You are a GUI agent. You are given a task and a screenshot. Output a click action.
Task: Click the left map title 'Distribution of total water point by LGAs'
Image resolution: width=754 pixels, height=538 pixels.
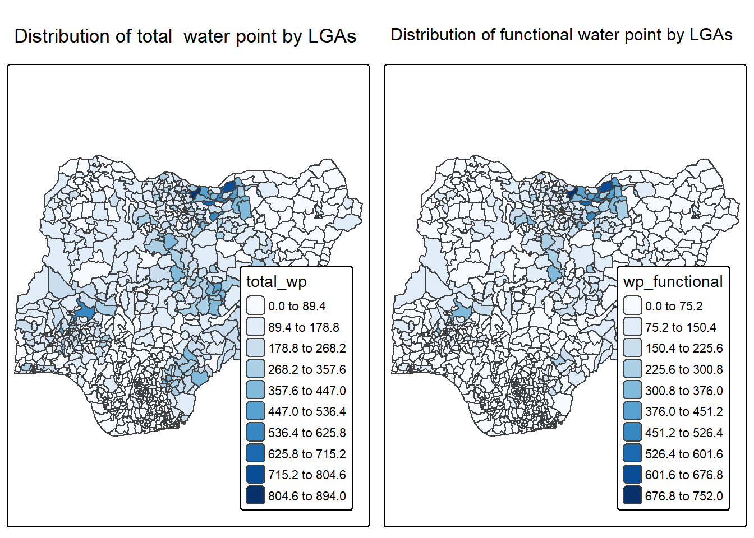tap(185, 36)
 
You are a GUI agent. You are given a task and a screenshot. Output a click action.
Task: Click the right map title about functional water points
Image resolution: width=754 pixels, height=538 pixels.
tap(561, 35)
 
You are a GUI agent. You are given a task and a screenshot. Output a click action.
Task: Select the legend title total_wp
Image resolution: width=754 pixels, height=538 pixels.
tap(276, 281)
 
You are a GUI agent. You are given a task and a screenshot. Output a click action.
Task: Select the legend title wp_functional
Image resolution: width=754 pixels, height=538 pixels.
tap(673, 281)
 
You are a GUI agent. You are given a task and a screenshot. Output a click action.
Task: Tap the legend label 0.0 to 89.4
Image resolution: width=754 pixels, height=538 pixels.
tap(296, 306)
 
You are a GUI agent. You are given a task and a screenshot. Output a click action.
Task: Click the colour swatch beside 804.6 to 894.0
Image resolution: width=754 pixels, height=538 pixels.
tap(255, 495)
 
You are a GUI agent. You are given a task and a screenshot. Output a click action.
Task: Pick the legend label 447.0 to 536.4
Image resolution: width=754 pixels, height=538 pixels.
tap(306, 411)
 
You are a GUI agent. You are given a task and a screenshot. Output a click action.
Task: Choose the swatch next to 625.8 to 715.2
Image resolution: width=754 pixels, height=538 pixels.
tap(255, 453)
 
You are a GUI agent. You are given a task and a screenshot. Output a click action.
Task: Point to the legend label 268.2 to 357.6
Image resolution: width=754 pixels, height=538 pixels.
tap(306, 369)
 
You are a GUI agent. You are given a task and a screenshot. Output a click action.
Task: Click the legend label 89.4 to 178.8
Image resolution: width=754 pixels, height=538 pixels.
tap(303, 327)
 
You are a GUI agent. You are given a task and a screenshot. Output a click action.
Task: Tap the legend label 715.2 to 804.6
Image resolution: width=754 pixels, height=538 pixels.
tap(306, 475)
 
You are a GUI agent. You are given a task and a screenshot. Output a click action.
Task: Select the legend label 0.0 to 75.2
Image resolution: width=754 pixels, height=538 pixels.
tap(673, 306)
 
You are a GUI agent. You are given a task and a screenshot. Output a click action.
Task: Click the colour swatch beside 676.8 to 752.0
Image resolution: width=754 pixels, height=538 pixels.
tap(632, 495)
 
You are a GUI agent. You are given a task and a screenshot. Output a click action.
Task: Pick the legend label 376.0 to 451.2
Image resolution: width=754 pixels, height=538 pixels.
tap(683, 411)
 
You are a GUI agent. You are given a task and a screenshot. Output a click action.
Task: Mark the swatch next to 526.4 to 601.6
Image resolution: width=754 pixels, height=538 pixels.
tap(632, 453)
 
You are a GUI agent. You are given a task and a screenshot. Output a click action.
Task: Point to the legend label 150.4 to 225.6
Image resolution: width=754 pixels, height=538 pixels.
tap(683, 348)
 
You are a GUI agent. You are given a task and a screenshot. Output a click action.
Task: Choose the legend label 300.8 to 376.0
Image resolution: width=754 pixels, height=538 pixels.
tap(683, 391)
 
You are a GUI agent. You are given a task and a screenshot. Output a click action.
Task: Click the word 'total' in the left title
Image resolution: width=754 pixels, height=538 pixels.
tap(154, 36)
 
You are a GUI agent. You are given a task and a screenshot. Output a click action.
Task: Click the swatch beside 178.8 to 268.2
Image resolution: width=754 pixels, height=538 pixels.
tap(255, 348)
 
